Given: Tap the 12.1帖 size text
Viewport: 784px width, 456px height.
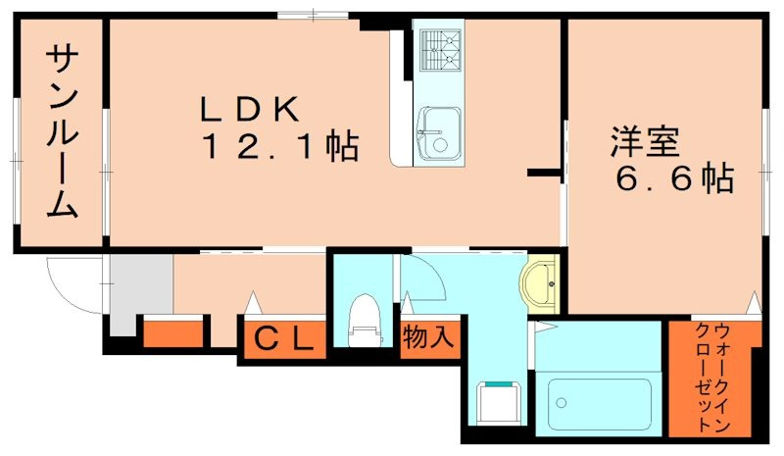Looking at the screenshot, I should pos(279,147).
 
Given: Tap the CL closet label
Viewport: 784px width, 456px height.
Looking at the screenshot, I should pos(284,339).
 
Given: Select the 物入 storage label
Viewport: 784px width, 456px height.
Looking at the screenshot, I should pos(428,338).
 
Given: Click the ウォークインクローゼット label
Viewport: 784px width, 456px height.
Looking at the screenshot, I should pos(714,377).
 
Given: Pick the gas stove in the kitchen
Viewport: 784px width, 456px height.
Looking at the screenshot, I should pos(439,49).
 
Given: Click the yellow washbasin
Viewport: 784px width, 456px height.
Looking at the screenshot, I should pos(540,284).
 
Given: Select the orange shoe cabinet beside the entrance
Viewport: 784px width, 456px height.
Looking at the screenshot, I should pos(174,332).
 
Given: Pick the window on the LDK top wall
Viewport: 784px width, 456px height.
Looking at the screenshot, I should pos(312,14).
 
